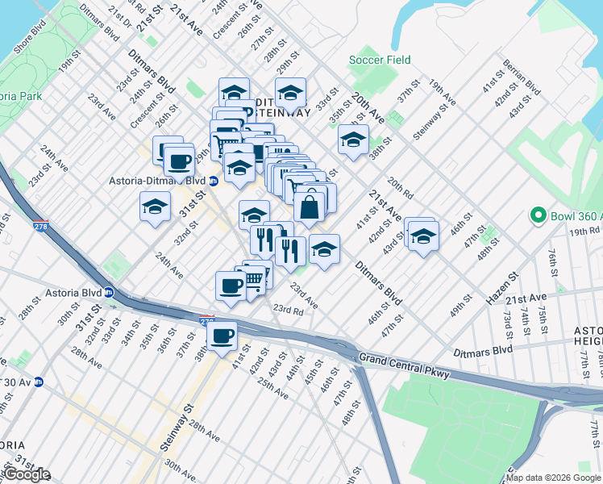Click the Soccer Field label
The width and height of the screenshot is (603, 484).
tap(380, 60)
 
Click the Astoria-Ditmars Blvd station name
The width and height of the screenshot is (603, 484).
tap(158, 181)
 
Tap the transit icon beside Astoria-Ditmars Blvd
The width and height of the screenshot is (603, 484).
tap(214, 181)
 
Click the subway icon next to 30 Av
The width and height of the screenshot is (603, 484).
tap(38, 382)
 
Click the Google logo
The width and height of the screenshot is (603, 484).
tap(26, 474)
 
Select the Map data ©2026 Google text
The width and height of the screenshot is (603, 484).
tap(554, 478)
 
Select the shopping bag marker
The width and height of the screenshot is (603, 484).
tap(310, 207)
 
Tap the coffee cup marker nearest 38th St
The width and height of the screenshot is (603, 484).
tap(222, 336)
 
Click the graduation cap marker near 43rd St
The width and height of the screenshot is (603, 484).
tap(422, 236)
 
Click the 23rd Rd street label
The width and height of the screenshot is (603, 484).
tap(287, 309)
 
